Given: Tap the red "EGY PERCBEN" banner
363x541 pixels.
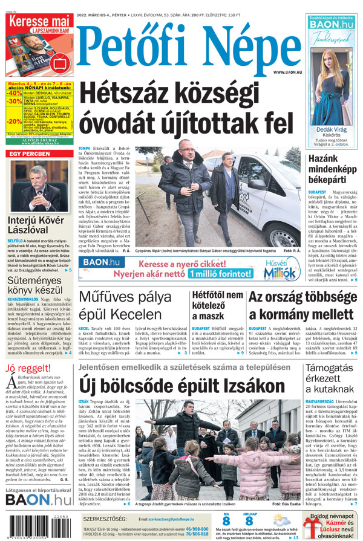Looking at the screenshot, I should pyautogui.click(x=28, y=154).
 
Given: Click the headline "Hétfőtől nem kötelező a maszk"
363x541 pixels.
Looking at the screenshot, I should pyautogui.click(x=217, y=305).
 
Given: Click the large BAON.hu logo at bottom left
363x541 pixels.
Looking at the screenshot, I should pyautogui.click(x=38, y=499).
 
